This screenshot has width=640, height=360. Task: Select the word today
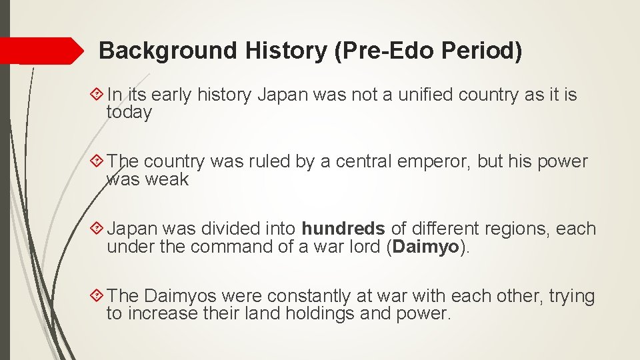(x=129, y=113)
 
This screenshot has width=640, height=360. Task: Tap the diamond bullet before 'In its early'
(x=97, y=95)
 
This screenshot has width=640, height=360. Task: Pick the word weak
(x=171, y=179)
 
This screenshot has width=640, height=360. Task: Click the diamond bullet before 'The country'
(x=97, y=162)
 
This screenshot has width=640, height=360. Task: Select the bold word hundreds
(x=343, y=229)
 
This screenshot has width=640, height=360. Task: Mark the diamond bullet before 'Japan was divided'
(x=97, y=229)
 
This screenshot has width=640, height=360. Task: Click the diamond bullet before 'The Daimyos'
(x=97, y=295)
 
